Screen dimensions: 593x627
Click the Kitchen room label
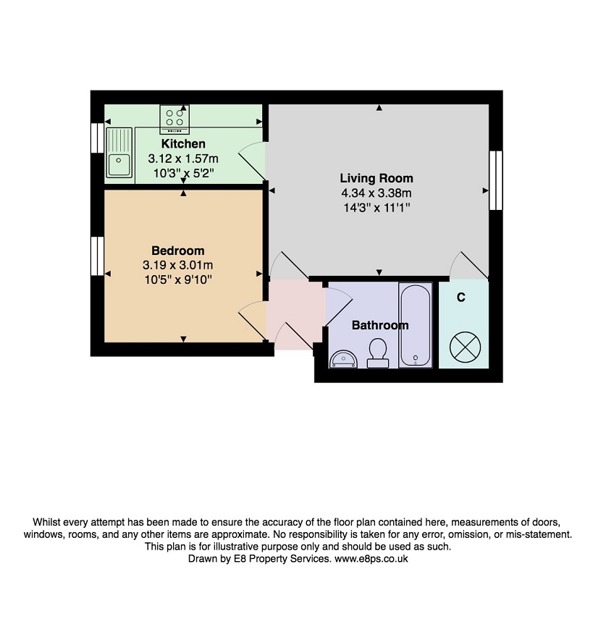tap(183, 143)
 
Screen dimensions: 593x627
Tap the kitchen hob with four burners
tap(174, 119)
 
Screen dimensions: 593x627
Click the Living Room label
tap(377, 178)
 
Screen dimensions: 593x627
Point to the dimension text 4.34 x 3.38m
tap(377, 193)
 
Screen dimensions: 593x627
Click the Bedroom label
tap(178, 251)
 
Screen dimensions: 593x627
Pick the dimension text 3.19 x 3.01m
tap(178, 265)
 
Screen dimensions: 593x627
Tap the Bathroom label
tap(380, 325)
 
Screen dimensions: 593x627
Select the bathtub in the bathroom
tap(416, 324)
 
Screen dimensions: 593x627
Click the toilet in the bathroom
tap(378, 353)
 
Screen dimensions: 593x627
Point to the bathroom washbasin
tap(343, 359)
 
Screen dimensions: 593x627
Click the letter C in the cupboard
tap(461, 298)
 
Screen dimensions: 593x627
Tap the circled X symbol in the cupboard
tap(465, 347)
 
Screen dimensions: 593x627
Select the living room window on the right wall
tap(496, 180)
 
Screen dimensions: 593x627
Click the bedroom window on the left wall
tap(97, 256)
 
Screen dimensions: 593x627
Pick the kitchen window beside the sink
tap(97, 138)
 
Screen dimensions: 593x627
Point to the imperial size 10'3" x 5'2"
tap(183, 173)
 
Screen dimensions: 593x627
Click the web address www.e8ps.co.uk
tap(371, 559)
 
